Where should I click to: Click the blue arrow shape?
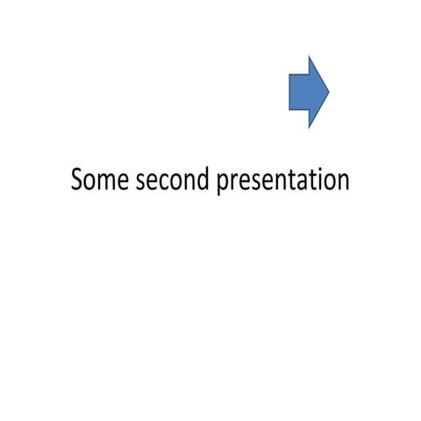click(x=307, y=91)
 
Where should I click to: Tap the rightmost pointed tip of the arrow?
click(x=328, y=91)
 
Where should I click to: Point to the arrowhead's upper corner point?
click(x=310, y=55)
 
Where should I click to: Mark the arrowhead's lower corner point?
click(x=310, y=128)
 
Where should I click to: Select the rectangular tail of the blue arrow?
click(x=299, y=91)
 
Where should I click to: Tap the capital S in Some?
click(x=76, y=181)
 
